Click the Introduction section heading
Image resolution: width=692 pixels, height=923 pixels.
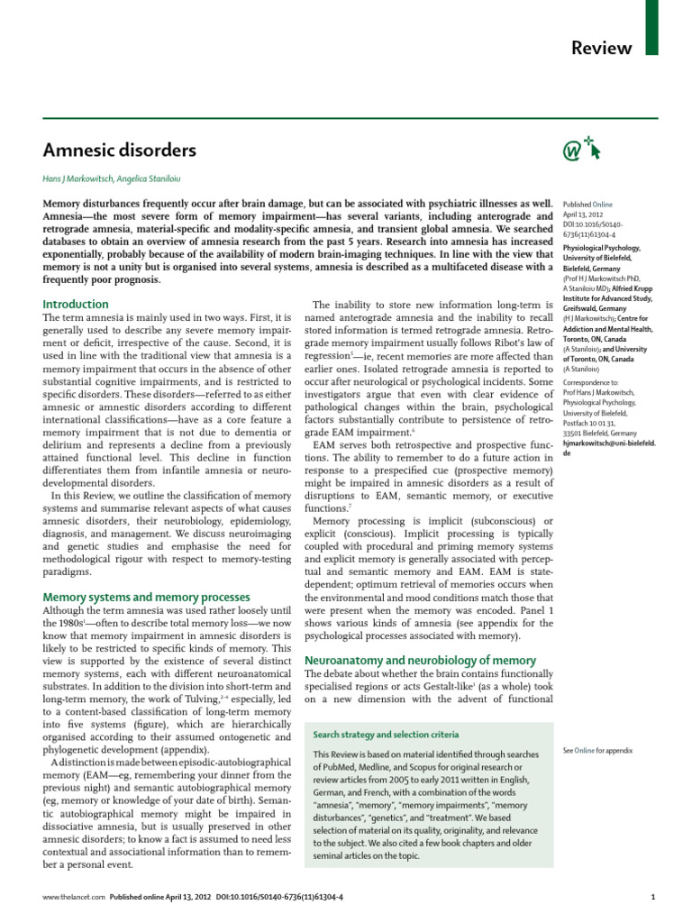[77, 304]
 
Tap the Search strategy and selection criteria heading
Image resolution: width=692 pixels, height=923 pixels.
[386, 735]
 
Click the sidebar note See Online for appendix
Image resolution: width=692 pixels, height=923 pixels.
[597, 750]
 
